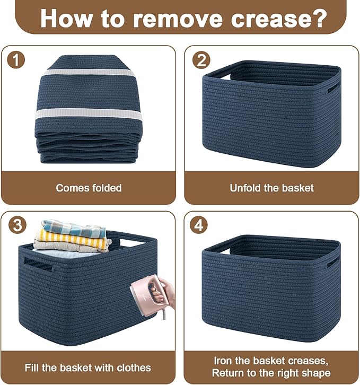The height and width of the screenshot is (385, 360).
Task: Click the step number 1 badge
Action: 16,60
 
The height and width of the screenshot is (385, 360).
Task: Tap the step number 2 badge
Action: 201,60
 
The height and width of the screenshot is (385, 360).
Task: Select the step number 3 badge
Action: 17,225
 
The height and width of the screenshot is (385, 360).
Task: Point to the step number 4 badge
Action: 199,225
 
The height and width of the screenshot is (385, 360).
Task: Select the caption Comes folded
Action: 89,188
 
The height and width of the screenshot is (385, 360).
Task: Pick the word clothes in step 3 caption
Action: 134,368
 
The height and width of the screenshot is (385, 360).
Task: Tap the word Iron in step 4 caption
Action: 223,361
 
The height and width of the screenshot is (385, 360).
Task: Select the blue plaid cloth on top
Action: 74,227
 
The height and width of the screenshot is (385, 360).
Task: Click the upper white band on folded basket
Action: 89,73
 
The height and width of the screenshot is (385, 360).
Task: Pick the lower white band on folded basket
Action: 89,115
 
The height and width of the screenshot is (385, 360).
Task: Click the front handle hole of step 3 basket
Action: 38,264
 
